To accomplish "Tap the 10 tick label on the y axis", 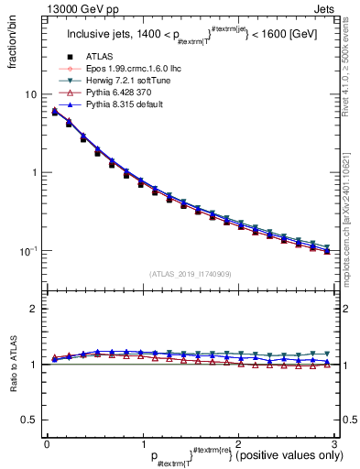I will pos(29,95).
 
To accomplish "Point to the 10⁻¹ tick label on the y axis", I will pos(28,251).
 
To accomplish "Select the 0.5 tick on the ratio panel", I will pos(28,420).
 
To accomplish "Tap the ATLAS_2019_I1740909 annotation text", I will pos(190,273).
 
